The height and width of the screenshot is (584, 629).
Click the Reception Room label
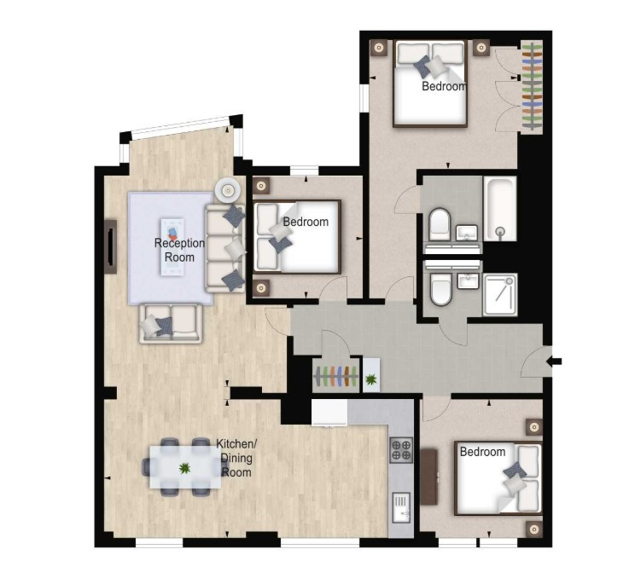pyautogui.click(x=179, y=250)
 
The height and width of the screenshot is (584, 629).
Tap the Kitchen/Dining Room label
pyautogui.click(x=236, y=458)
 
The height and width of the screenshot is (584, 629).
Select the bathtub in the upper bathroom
pyautogui.click(x=500, y=208)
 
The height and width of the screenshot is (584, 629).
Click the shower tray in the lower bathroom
pyautogui.click(x=500, y=295)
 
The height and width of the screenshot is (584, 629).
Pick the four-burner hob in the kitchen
pyautogui.click(x=401, y=450)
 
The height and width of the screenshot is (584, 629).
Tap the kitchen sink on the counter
pyautogui.click(x=401, y=508)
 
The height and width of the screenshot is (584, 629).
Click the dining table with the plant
pyautogui.click(x=185, y=467)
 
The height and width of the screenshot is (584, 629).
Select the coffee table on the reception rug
pyautogui.click(x=172, y=247)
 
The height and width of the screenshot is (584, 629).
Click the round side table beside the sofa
pyautogui.click(x=228, y=190)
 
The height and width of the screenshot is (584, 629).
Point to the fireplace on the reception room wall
pyautogui.click(x=111, y=246)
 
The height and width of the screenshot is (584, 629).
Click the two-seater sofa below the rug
pyautogui.click(x=171, y=323)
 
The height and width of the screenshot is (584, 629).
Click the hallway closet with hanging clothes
pyautogui.click(x=336, y=376)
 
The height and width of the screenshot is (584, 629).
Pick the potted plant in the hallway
pyautogui.click(x=371, y=378)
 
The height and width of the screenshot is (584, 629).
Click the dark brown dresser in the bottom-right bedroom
pyautogui.click(x=429, y=477)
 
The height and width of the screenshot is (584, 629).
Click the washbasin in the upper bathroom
pyautogui.click(x=467, y=233)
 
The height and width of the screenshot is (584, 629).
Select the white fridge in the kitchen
pyautogui.click(x=329, y=412)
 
